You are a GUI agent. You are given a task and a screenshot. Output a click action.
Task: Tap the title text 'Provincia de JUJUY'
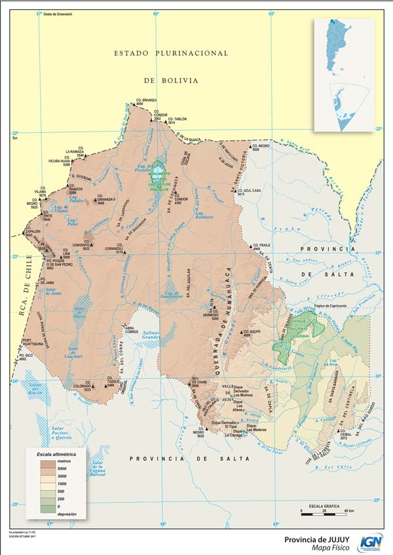[316, 539]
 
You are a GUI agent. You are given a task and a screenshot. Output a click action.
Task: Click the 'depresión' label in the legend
[69, 514]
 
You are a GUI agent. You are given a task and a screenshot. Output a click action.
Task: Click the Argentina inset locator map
[343, 75]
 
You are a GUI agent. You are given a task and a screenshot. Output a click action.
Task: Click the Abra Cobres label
[132, 329]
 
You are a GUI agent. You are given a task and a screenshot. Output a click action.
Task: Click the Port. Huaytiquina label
[31, 342]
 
